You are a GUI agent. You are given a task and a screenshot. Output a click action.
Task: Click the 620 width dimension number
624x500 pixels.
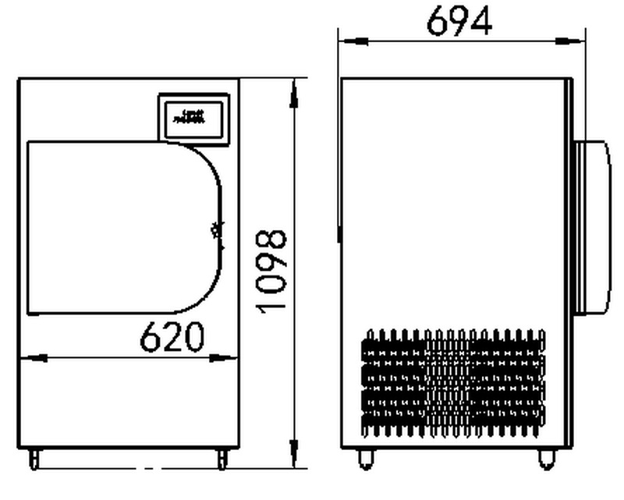coord(172,336)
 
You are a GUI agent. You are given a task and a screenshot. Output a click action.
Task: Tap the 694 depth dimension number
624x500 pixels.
coord(459,21)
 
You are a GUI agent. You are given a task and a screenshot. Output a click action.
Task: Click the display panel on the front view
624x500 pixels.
coord(193,118)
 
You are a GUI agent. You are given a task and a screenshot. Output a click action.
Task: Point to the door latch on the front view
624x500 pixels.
coord(217,232)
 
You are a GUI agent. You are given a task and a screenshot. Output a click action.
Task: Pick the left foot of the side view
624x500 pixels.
coord(365,459)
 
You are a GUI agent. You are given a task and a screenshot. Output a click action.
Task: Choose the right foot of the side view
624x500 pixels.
coord(545,459)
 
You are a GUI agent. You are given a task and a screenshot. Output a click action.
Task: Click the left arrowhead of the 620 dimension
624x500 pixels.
coord(30,358)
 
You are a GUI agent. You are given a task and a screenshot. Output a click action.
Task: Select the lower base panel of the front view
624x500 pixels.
coord(129,406)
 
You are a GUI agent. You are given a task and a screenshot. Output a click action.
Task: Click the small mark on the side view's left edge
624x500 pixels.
coord(339,233)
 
